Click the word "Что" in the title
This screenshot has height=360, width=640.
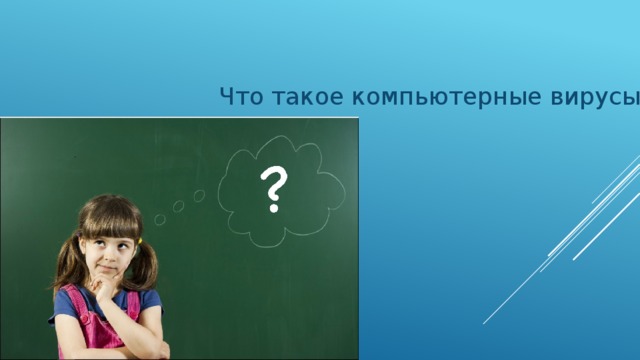(x=238, y=97)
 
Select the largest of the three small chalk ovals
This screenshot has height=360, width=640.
(x=200, y=195)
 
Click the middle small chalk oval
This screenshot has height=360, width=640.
(x=179, y=207)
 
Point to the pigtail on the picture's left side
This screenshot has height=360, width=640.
(x=66, y=270)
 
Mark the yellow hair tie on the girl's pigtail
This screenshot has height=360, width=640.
(x=141, y=240)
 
